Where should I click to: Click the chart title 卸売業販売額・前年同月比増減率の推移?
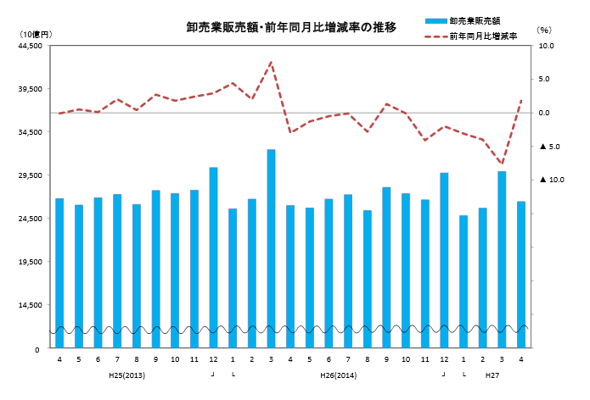(291, 28)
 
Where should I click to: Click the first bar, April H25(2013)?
(59, 272)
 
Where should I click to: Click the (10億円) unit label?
(34, 32)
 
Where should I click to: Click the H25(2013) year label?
(126, 374)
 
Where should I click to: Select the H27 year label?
(492, 374)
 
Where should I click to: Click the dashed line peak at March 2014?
(271, 62)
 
